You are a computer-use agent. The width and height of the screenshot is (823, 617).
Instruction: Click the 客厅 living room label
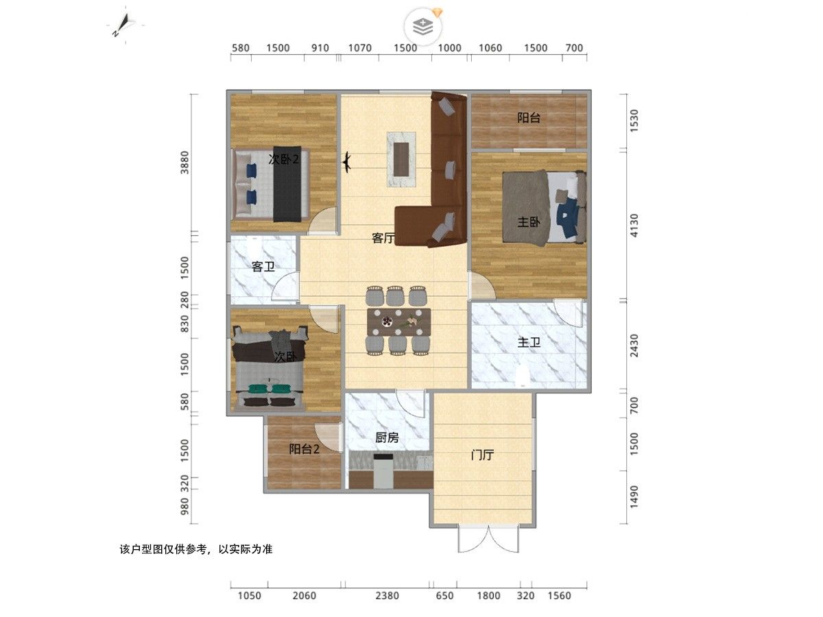point(383,238)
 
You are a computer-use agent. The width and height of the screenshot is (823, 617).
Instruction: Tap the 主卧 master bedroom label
point(529,222)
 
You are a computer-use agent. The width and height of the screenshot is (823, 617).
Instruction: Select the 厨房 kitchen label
point(387,437)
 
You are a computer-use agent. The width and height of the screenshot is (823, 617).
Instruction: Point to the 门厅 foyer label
point(483,455)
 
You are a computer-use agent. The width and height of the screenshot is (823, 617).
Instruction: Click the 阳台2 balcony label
point(304,449)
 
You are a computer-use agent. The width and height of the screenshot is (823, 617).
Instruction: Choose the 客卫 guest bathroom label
point(263,267)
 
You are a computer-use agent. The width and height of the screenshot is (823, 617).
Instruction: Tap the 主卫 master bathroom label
point(529,342)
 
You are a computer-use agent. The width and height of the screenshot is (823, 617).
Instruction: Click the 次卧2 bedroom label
point(284,160)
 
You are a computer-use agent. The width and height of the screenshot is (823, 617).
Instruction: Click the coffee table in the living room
point(401,159)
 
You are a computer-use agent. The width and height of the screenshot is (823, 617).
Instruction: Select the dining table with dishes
point(399,322)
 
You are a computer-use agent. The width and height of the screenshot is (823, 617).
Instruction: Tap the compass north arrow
point(122,25)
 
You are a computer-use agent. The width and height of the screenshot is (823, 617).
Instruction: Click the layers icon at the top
point(423,26)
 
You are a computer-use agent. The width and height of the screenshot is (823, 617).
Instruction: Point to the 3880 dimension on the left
point(184,162)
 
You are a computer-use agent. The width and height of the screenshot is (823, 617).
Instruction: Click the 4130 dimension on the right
point(634,226)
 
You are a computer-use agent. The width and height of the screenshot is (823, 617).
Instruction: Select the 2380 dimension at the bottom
point(387,596)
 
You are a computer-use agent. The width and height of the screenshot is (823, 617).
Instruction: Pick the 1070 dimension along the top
point(360,48)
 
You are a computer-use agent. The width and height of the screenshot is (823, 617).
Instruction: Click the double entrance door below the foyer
point(488,539)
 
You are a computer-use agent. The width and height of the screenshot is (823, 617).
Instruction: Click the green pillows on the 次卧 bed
point(270,389)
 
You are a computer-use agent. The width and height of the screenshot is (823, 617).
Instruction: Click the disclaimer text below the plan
point(196,549)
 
